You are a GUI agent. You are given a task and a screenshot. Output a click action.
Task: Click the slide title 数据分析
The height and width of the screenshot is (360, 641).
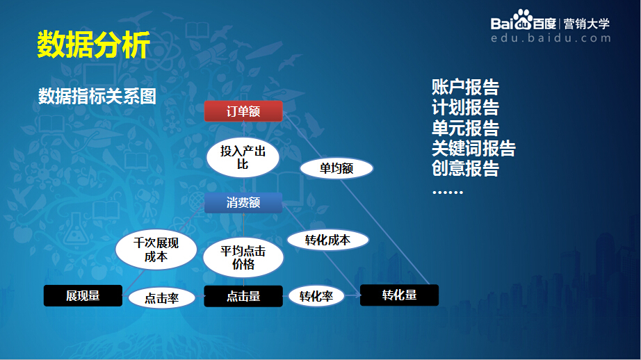coord(93,45)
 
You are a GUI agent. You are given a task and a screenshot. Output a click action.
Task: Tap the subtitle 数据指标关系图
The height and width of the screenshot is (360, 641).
coord(97,96)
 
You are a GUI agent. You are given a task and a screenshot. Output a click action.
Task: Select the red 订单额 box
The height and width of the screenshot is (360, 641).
coord(243,111)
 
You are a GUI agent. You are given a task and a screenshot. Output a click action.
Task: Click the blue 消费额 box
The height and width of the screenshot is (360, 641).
coord(243,203)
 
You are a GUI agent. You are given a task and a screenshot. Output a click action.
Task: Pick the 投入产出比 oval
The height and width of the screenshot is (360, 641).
coord(243,158)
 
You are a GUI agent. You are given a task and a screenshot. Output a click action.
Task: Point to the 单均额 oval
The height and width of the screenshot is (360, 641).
coord(336,168)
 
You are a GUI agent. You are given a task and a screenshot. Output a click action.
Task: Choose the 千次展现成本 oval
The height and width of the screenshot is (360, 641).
coord(156,250)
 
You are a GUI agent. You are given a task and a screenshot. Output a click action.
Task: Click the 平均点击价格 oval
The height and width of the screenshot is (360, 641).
coord(243,257)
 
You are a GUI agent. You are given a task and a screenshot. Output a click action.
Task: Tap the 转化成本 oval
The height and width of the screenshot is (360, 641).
coord(327,240)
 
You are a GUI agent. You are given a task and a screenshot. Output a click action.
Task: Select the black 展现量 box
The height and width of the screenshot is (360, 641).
coord(83,296)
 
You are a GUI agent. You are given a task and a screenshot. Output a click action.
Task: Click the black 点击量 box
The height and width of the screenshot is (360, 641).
coord(243,296)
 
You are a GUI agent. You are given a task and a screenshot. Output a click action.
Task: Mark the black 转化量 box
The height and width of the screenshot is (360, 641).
coord(399,295)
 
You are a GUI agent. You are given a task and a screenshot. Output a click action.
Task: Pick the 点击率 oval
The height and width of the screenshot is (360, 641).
coord(162,298)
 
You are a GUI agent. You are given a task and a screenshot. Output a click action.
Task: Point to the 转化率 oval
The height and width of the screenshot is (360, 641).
coord(316,297)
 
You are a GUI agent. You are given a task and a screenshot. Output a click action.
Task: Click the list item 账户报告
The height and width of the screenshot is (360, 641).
coord(465,88)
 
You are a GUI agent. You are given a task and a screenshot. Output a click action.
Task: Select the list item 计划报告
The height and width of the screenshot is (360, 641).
coord(465,108)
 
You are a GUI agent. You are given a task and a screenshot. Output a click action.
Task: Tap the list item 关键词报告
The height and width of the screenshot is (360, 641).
coord(473,148)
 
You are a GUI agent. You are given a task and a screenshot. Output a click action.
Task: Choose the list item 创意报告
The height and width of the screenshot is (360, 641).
coord(465,168)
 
